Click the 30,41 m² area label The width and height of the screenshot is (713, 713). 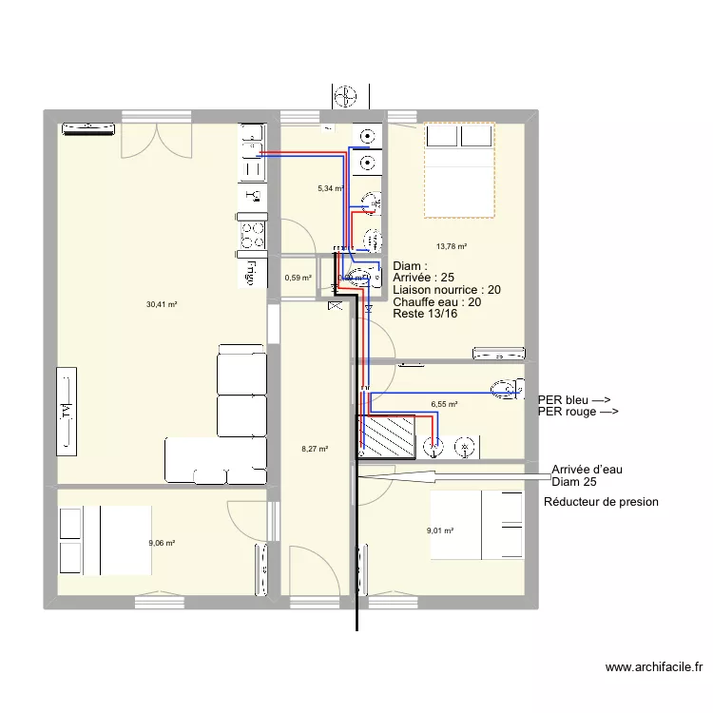[162, 304]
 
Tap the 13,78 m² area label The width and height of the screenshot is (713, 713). [452, 246]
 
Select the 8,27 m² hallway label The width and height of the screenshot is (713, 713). [314, 450]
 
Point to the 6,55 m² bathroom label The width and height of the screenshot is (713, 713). [444, 404]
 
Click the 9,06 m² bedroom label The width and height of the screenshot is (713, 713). [162, 544]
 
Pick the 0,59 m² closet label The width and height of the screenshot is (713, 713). [298, 279]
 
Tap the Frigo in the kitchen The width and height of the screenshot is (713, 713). [251, 272]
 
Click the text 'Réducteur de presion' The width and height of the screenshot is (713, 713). [601, 502]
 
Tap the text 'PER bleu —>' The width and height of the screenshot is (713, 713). [574, 400]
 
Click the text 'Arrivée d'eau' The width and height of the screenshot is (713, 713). [587, 470]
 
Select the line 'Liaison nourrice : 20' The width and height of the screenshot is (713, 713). [447, 290]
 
